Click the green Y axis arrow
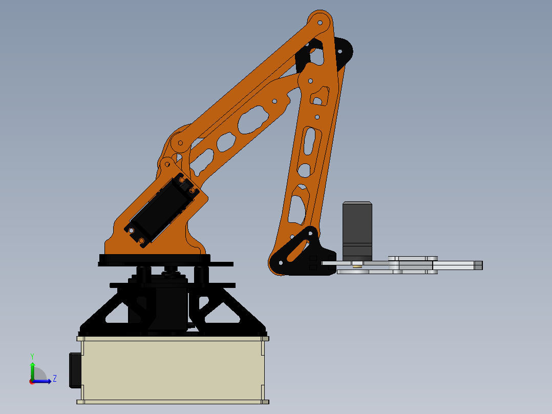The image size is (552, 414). point(32,370)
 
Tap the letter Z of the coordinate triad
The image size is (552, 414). point(54,379)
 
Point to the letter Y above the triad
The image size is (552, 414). point(32,356)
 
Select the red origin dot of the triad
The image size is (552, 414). point(32,381)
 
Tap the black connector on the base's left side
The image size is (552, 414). point(75,369)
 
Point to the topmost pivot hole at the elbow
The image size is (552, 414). point(320,23)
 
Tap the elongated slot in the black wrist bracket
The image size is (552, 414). point(294,252)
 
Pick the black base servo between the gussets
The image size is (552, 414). point(169,307)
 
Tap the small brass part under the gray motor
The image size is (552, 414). point(357,265)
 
